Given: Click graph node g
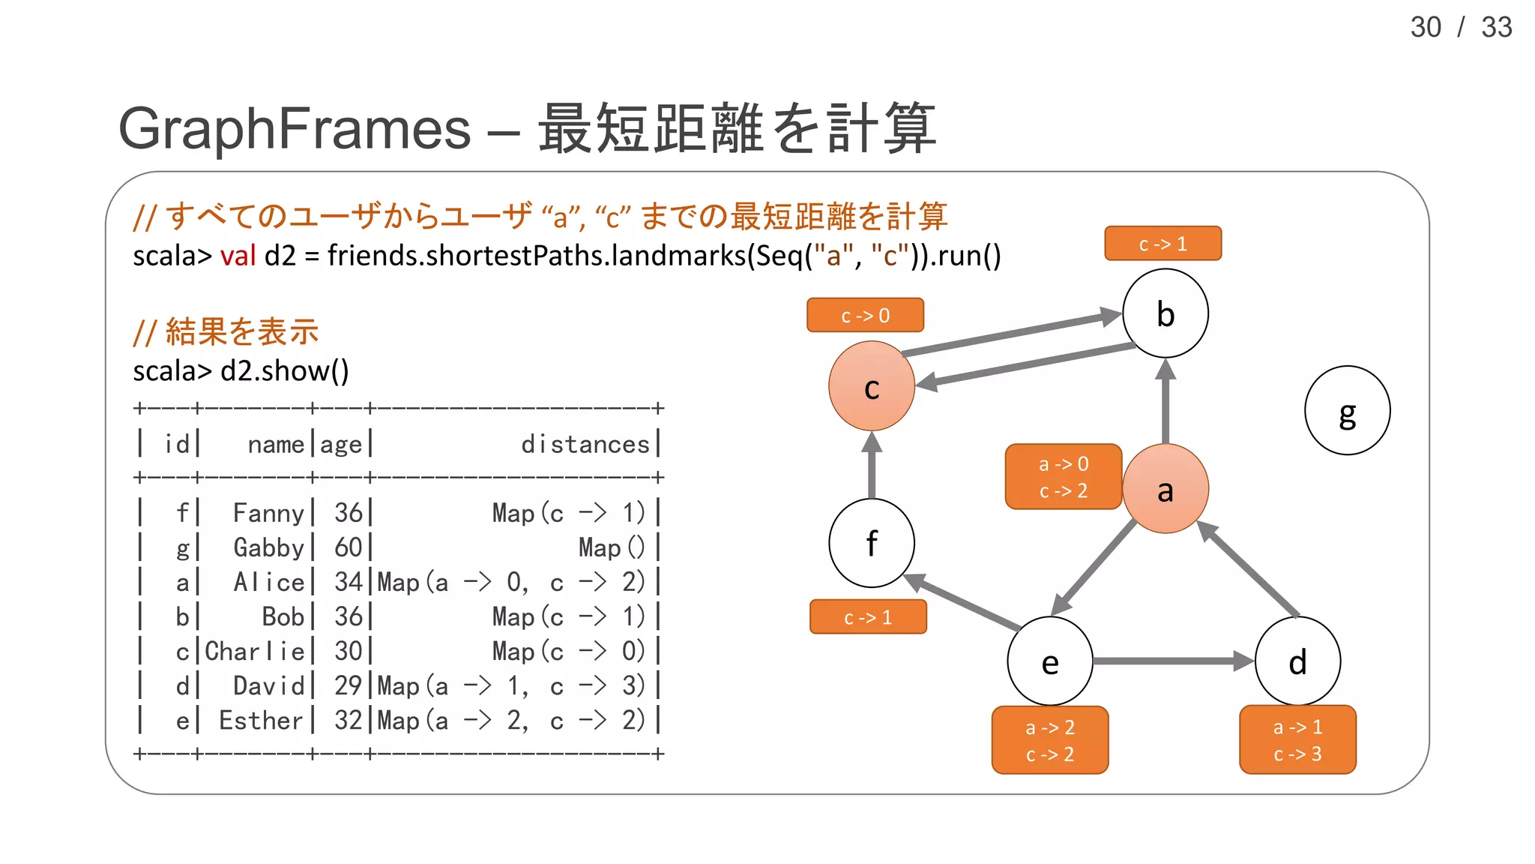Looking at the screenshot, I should pyautogui.click(x=1347, y=410).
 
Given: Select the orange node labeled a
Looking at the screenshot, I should pyautogui.click(x=1165, y=489).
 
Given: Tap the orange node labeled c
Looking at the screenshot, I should pyautogui.click(x=871, y=386).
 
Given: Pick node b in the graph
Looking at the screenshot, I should pyautogui.click(x=1165, y=313).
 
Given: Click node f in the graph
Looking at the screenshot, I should pyautogui.click(x=871, y=543).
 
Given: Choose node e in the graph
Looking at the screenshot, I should pyautogui.click(x=1049, y=661).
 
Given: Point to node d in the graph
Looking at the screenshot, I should pyautogui.click(x=1297, y=661).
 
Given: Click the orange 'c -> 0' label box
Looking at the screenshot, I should pyautogui.click(x=865, y=315).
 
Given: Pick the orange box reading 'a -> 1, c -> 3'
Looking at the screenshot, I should pyautogui.click(x=1297, y=739).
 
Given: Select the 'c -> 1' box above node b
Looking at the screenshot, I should pyautogui.click(x=1162, y=244).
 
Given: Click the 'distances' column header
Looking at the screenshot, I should pyautogui.click(x=585, y=444).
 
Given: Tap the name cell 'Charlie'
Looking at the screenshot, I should pyautogui.click(x=255, y=651).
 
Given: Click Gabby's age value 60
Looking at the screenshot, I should pyautogui.click(x=349, y=547).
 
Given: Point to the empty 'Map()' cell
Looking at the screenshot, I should pyautogui.click(x=611, y=547).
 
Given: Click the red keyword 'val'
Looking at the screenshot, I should pyautogui.click(x=238, y=256).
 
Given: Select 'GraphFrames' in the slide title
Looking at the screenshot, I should pyautogui.click(x=295, y=128).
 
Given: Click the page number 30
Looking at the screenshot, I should pyautogui.click(x=1426, y=28).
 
